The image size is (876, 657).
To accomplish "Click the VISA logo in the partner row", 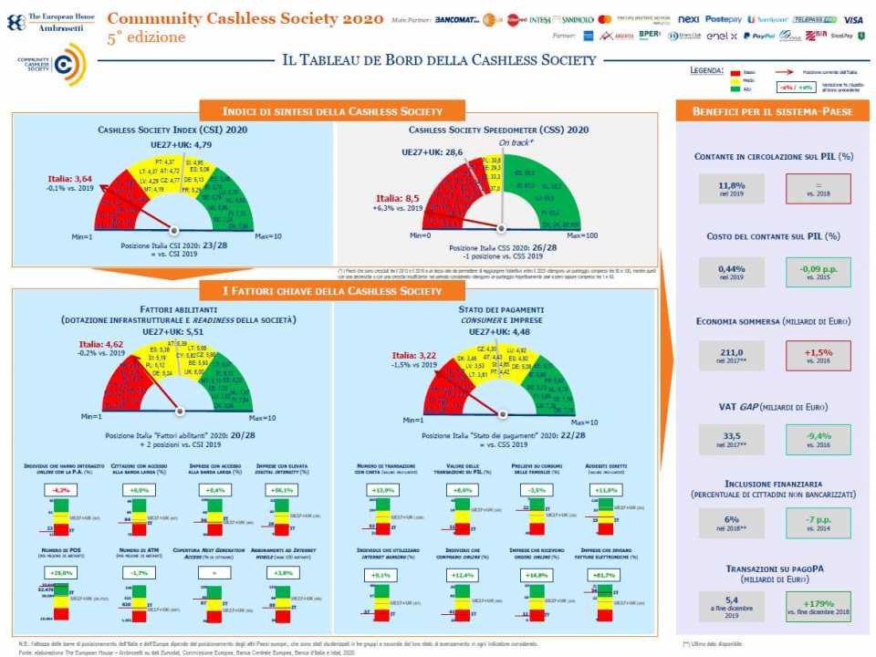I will click(x=853, y=19).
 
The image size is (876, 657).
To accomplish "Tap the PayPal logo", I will click(x=759, y=36).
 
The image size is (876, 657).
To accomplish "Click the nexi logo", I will click(x=689, y=19).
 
